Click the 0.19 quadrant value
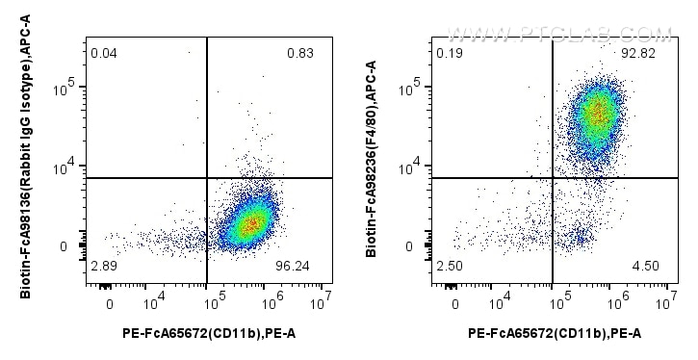pos(449,53)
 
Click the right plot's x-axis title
pos(555,334)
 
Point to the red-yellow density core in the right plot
pos(597,114)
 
